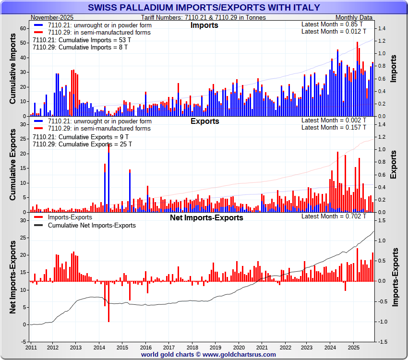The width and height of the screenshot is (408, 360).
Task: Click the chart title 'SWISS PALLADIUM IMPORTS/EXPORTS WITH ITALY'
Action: [204, 8]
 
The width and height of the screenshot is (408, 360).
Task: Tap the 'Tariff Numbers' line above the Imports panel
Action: [204, 17]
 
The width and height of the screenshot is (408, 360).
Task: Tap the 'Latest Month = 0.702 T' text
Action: [334, 216]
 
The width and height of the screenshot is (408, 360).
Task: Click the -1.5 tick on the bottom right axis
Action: [383, 342]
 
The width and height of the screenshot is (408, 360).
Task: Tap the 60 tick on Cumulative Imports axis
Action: [23, 28]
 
